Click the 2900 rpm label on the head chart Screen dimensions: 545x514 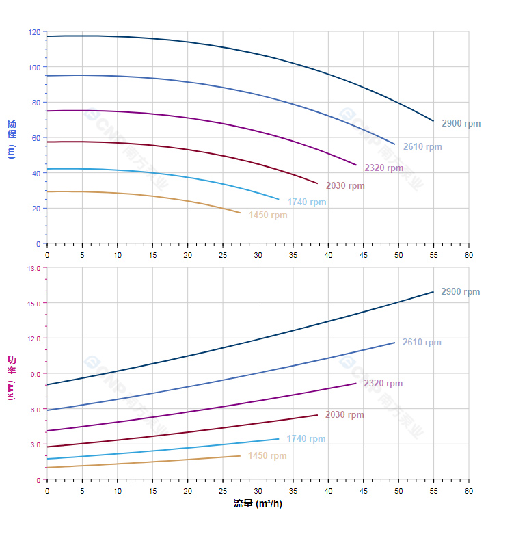[461, 124]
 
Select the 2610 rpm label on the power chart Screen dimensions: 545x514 [422, 343]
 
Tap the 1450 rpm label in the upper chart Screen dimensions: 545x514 [268, 215]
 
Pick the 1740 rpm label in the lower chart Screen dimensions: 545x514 [306, 439]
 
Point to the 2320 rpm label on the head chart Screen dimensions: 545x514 [383, 168]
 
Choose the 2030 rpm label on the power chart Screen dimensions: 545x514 [344, 415]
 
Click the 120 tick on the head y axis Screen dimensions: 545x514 [35, 32]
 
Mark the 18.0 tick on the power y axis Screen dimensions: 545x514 [33, 268]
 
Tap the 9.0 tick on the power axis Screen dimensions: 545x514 [35, 374]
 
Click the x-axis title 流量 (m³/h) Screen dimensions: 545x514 [258, 504]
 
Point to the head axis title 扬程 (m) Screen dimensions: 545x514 [11, 138]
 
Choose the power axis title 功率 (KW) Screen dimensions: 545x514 [11, 377]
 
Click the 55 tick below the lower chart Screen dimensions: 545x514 [433, 491]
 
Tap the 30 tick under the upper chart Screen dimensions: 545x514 [258, 255]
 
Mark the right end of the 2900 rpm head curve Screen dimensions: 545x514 [433, 121]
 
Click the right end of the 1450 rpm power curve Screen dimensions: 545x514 [240, 455]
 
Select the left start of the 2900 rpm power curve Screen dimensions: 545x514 [47, 385]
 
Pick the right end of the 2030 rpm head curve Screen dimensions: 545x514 [318, 183]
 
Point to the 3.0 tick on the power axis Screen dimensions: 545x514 [35, 444]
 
